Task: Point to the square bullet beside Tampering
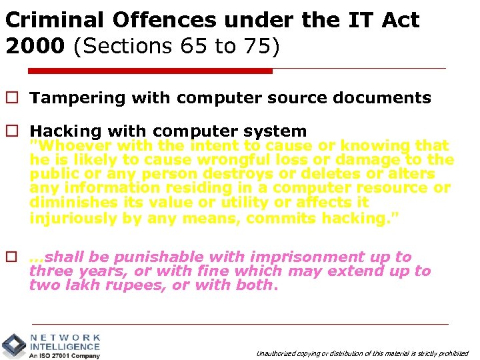point(11,98)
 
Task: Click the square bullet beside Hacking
point(11,131)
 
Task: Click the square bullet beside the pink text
point(11,257)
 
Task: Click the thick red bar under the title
point(150,71)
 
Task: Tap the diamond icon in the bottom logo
point(13,345)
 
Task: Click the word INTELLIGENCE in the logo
point(65,347)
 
